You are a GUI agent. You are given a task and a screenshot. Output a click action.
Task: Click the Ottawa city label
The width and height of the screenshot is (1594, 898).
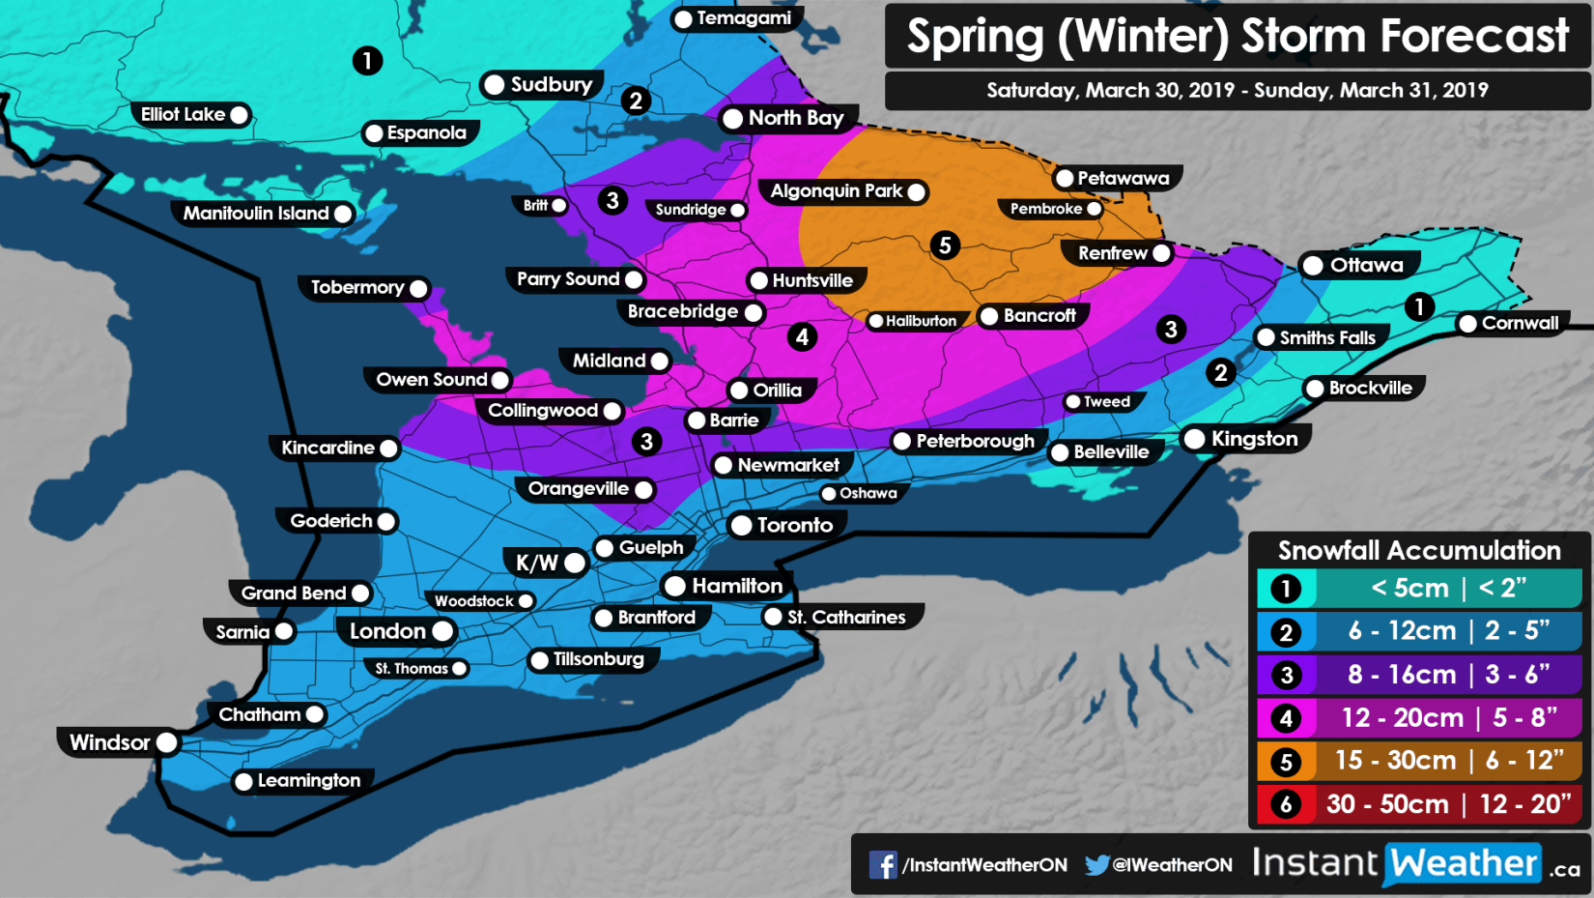click(x=1365, y=265)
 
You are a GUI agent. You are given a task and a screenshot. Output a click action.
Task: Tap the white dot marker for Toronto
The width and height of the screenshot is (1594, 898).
click(x=741, y=525)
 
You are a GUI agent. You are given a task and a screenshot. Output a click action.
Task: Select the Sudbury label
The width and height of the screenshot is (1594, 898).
click(x=551, y=85)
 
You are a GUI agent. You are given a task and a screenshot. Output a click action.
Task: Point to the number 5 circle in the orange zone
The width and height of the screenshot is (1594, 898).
click(x=945, y=246)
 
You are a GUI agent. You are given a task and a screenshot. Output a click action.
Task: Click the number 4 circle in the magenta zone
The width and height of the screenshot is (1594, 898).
click(x=801, y=337)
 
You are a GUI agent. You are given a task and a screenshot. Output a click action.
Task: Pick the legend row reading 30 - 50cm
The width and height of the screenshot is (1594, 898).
click(x=1418, y=804)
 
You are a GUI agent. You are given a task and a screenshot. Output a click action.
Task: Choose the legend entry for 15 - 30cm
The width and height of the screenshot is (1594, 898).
click(x=1418, y=761)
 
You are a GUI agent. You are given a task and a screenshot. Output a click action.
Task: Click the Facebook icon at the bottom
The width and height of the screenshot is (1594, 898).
click(x=882, y=864)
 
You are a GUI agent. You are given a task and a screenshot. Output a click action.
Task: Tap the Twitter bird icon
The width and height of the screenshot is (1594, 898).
click(x=1096, y=864)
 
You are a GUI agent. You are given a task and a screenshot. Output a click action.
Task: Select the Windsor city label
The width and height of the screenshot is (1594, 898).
click(x=109, y=742)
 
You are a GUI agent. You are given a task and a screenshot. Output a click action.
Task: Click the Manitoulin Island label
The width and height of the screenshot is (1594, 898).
click(x=256, y=214)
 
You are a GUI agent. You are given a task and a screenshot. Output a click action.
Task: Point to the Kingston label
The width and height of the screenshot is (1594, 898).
click(x=1254, y=439)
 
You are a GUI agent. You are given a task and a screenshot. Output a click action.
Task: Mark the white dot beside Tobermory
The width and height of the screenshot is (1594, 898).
click(x=418, y=288)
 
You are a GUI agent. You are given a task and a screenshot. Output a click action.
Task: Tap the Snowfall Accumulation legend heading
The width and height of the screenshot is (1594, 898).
click(x=1418, y=550)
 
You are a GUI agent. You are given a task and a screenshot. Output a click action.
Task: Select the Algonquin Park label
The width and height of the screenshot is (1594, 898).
click(x=837, y=191)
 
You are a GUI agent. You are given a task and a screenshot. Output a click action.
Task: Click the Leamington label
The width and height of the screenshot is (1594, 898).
click(x=308, y=780)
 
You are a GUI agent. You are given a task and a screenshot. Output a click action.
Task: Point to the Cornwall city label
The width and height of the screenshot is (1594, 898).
click(x=1520, y=323)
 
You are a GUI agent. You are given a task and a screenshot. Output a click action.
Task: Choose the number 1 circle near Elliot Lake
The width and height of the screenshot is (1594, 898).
click(x=367, y=61)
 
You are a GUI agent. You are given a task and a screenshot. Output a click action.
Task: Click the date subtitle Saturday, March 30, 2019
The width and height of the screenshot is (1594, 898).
click(x=1110, y=91)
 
